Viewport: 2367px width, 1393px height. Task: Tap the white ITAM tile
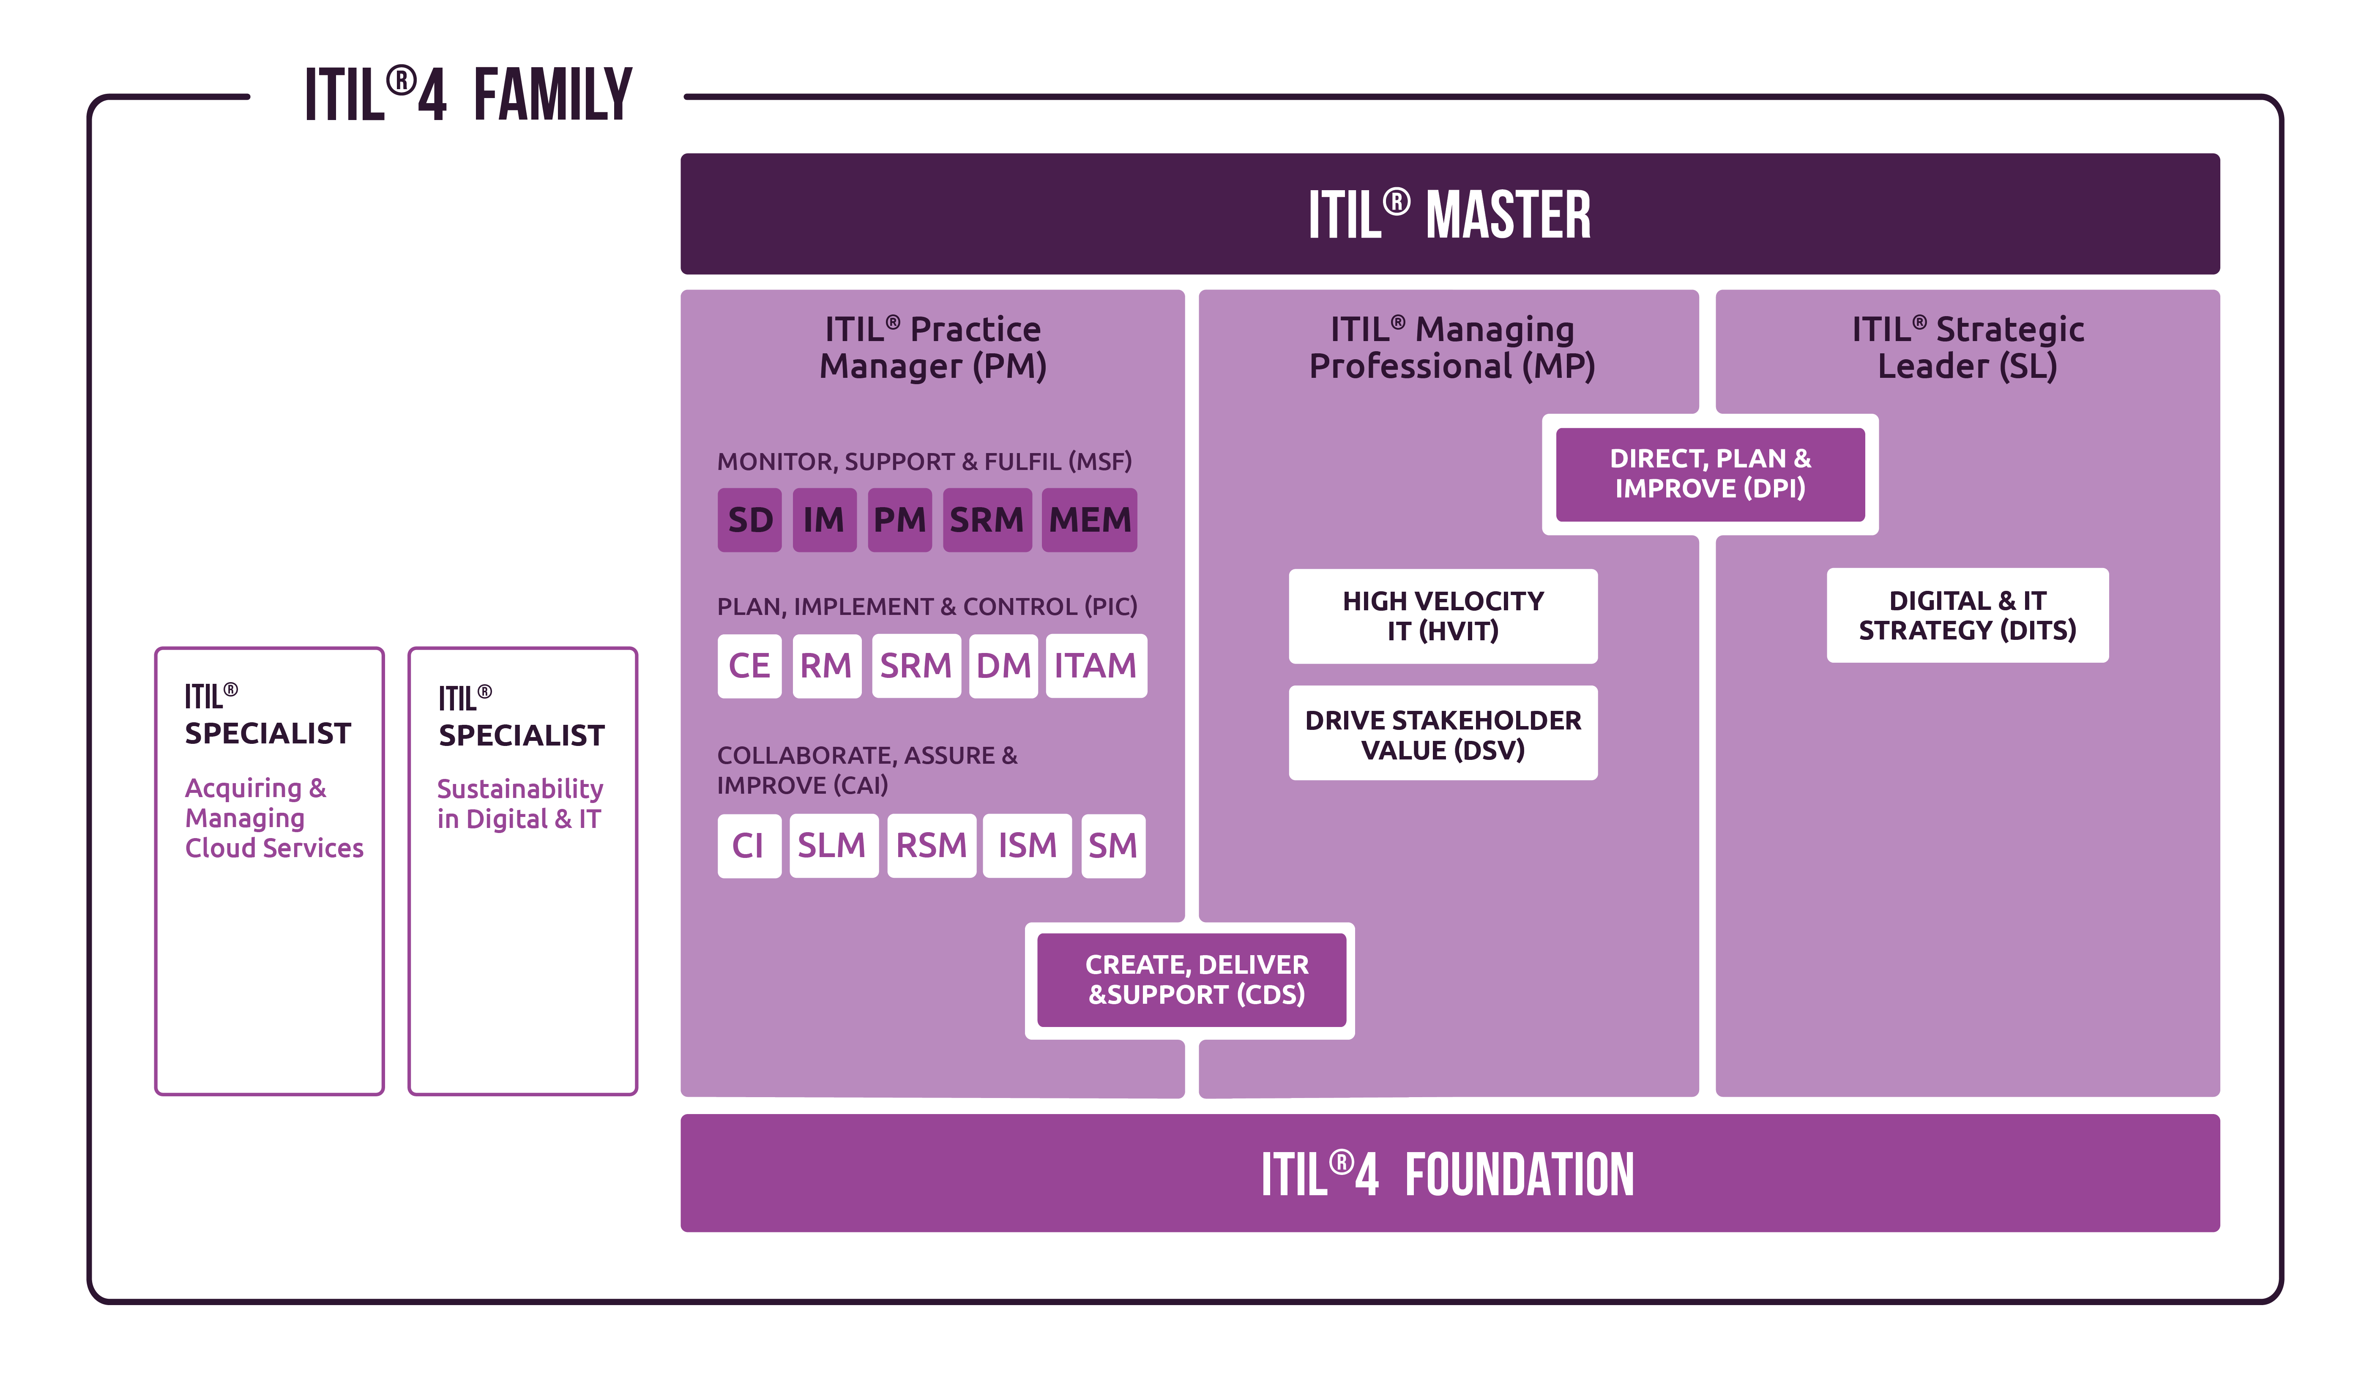coord(1095,666)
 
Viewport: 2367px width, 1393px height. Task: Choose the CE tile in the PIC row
coord(749,666)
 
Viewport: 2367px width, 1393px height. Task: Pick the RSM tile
coord(931,845)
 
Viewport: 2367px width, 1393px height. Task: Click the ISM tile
coord(1027,845)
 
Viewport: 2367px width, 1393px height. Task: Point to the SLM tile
coord(832,845)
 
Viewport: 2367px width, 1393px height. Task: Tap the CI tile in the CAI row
coord(749,845)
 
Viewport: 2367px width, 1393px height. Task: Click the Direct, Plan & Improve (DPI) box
coord(1709,473)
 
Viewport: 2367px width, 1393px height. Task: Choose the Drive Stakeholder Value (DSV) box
coord(1443,734)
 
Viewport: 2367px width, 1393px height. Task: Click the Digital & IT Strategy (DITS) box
coord(1967,615)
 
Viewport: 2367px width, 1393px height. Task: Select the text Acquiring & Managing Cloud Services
coord(272,818)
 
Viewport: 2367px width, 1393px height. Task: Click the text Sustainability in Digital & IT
coord(519,804)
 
